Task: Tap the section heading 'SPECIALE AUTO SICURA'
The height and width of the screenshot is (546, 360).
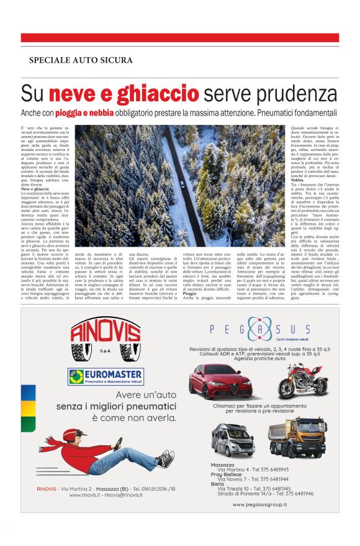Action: coord(81,60)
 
